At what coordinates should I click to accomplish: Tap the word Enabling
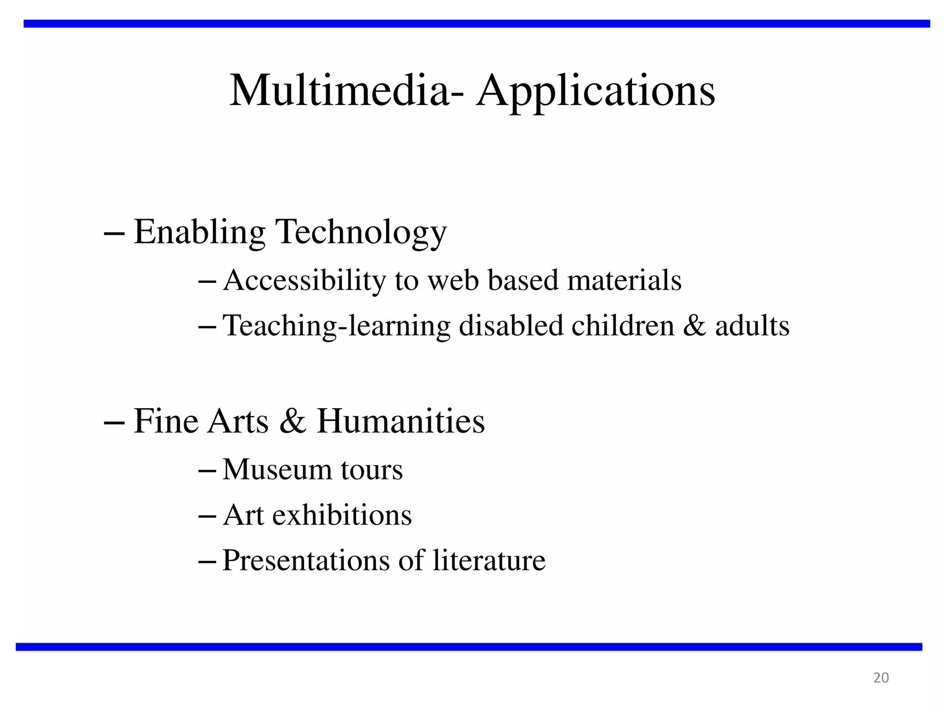[x=199, y=233]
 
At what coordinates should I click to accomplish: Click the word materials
[x=624, y=280]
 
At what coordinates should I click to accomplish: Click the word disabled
[x=510, y=325]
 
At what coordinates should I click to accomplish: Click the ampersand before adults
[x=694, y=325]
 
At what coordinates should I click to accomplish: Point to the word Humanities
[x=400, y=421]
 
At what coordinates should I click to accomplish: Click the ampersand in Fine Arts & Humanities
[x=292, y=421]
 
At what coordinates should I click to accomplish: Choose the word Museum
[x=277, y=470]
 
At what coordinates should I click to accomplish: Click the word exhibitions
[x=342, y=515]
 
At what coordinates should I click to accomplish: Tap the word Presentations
[x=306, y=561]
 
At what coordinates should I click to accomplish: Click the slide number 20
[x=881, y=678]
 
